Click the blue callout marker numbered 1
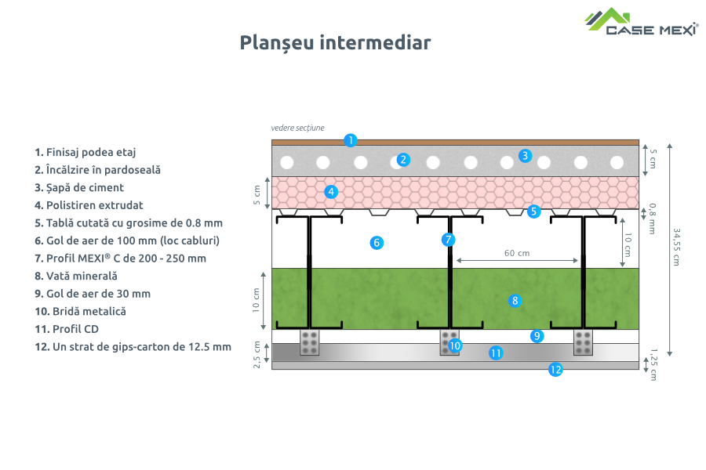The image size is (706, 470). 351,140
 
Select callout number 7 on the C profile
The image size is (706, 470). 448,240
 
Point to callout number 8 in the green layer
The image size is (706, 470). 515,300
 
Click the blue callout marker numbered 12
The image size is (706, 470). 555,370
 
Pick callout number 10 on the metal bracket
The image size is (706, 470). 455,345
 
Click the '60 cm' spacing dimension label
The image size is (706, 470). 517,253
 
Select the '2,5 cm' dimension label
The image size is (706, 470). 257,354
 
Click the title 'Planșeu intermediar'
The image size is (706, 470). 335,42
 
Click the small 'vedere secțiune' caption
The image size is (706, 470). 297,127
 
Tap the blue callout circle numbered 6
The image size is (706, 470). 377,243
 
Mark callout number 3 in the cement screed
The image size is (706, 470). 525,156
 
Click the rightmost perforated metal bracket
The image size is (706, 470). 583,342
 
